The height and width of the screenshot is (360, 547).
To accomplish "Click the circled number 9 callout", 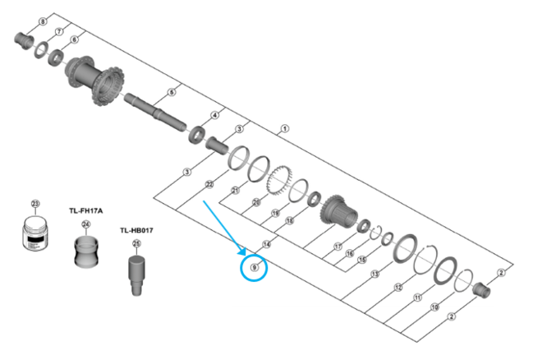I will [255, 268].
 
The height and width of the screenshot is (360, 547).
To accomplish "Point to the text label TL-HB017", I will [136, 231].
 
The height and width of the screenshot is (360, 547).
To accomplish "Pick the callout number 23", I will [35, 204].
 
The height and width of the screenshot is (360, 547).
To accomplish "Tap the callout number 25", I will [137, 244].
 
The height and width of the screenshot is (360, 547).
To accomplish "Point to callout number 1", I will [284, 128].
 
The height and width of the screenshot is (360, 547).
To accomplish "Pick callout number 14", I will [266, 244].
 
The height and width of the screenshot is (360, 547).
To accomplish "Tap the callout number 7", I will [59, 31].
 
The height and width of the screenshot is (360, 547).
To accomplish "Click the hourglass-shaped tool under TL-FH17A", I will [85, 252].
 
